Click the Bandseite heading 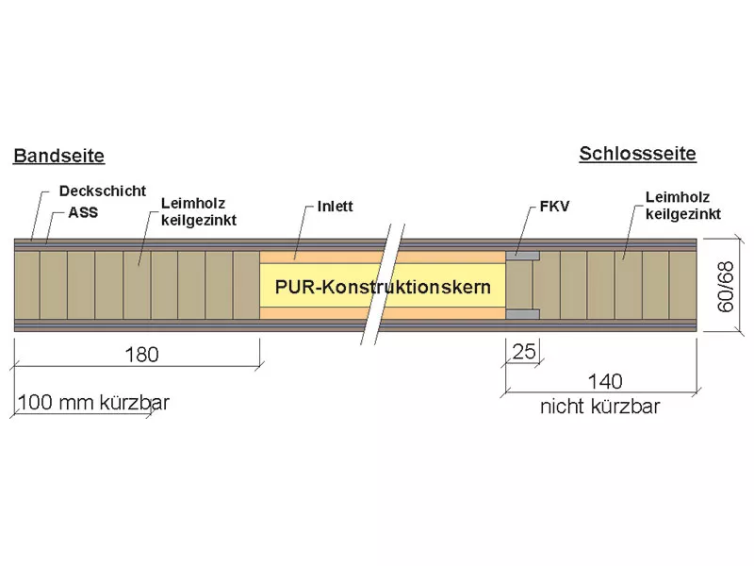59,156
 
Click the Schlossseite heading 638,154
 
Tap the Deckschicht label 103,191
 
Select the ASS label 83,212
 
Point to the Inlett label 336,206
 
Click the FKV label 554,207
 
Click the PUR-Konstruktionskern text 383,287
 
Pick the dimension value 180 141,355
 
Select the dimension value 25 524,352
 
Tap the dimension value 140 605,382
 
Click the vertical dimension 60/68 726,287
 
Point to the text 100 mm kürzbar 93,403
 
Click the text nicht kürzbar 599,407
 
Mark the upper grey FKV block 523,256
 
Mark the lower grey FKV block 523,315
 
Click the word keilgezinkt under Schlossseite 682,214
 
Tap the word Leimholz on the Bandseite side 193,203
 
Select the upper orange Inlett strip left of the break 321,257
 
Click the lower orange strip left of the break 317,313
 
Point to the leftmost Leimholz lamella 27,285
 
